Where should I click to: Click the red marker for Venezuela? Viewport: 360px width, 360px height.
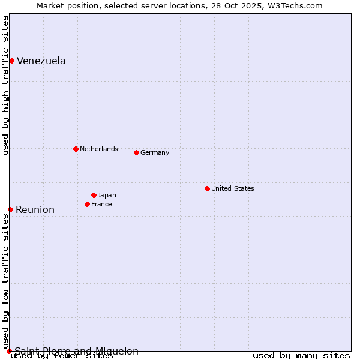[x=11, y=61]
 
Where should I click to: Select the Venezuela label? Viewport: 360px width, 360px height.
[x=41, y=61]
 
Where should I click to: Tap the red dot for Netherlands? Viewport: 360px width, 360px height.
[x=76, y=149]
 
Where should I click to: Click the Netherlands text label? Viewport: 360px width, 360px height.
[x=99, y=149]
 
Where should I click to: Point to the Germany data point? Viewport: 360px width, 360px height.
[x=136, y=152]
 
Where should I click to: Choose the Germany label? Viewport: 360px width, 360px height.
[x=155, y=152]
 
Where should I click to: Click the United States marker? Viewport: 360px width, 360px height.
[x=207, y=188]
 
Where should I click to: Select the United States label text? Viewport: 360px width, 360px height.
[x=233, y=188]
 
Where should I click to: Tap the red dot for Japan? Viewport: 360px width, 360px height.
[x=94, y=195]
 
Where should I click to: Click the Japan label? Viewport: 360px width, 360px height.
[x=107, y=195]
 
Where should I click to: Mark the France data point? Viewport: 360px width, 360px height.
[x=87, y=204]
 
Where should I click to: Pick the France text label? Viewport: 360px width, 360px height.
[x=101, y=204]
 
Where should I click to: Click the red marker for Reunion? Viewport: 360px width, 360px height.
[x=10, y=209]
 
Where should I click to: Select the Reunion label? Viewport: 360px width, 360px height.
[x=35, y=209]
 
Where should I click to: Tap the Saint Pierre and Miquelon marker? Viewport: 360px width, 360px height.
[x=9, y=351]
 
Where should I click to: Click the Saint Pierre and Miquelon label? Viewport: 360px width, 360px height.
[x=76, y=351]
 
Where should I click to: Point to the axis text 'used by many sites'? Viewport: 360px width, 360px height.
[x=301, y=356]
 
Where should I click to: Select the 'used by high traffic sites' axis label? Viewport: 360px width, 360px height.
[x=5, y=86]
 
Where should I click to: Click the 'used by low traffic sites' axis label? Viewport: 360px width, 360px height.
[x=5, y=281]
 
